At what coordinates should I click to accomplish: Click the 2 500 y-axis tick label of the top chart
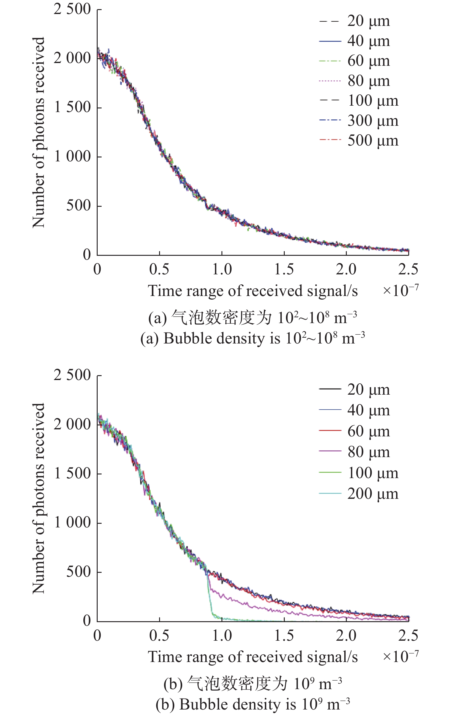point(72,9)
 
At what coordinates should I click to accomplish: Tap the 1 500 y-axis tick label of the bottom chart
point(72,474)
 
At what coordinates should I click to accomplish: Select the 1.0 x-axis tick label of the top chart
point(222,269)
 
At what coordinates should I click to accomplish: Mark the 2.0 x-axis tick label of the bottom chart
point(346,636)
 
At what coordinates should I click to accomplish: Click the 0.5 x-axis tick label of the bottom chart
point(159,636)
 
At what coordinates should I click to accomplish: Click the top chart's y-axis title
point(39,132)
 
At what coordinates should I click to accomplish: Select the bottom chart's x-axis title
point(252,657)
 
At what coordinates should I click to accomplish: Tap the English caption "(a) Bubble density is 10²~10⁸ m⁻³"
point(252,338)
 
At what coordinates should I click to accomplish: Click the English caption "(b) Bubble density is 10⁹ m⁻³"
point(252,704)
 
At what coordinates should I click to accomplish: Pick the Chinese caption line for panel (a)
point(252,318)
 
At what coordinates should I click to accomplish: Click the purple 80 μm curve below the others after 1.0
point(259,606)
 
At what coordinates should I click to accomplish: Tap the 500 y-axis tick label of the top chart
point(78,206)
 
